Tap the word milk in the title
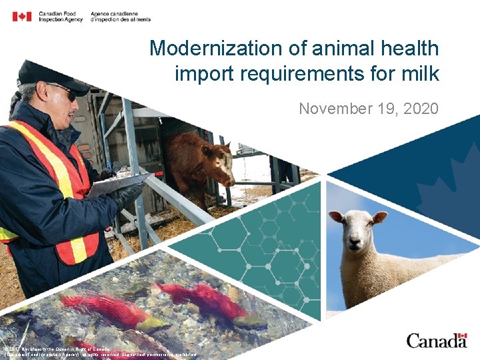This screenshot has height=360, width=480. point(419,73)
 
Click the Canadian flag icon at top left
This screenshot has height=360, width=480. point(22,16)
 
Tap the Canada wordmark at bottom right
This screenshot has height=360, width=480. point(437,341)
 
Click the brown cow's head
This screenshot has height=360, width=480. point(217,163)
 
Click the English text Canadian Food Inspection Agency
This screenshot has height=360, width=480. point(61,17)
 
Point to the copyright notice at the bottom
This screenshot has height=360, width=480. point(100,352)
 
